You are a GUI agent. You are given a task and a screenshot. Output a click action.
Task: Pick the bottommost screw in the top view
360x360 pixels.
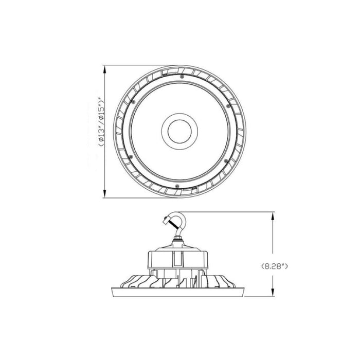pyautogui.click(x=176, y=185)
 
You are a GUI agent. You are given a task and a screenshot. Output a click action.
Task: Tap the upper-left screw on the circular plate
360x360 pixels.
pyautogui.click(x=133, y=102)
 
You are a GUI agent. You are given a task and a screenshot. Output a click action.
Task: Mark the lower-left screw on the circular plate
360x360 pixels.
pyautogui.click(x=132, y=156)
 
